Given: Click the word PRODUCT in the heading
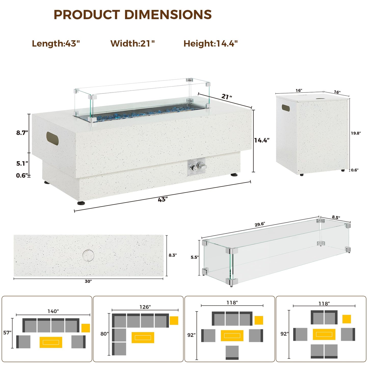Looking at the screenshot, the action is (87, 15).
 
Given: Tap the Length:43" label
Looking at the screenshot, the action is (56, 44).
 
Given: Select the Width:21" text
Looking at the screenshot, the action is (132, 44).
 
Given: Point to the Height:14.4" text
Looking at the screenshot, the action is (211, 44).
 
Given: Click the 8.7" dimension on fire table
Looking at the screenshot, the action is (22, 133).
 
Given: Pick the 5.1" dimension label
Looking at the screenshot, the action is (22, 163).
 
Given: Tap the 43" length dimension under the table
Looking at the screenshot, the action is (163, 200).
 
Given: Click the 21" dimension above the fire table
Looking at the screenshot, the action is (227, 97).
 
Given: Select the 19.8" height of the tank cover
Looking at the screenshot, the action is (356, 133).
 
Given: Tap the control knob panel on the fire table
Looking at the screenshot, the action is (197, 168).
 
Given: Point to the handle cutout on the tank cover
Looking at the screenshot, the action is (286, 108).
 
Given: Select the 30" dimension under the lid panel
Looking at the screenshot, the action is (88, 281).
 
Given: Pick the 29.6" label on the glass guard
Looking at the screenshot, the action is (260, 224).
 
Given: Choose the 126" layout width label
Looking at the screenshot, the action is (145, 307).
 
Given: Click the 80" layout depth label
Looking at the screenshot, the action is (104, 334).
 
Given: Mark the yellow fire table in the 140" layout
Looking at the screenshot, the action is (51, 342).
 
